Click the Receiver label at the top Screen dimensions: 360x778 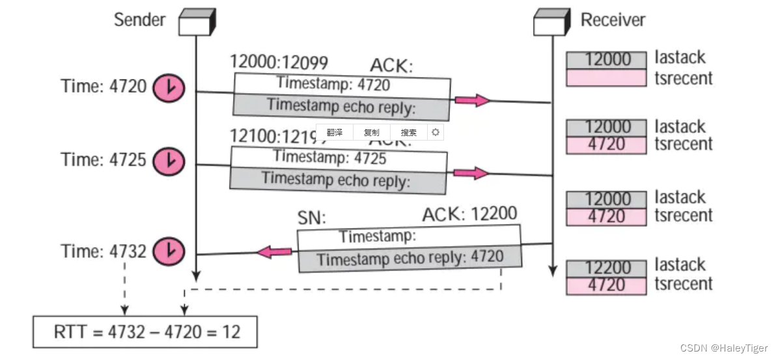(613, 20)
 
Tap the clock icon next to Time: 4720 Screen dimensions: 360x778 (169, 87)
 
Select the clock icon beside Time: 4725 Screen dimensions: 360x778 (169, 160)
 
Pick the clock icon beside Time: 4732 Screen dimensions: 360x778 (169, 251)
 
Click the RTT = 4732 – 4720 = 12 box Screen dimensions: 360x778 (145, 332)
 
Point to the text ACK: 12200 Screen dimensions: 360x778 (469, 214)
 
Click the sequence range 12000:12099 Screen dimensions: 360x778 (279, 62)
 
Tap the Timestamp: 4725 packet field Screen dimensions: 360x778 (330, 158)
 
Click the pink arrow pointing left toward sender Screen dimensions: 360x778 (273, 251)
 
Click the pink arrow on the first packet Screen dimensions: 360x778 (471, 100)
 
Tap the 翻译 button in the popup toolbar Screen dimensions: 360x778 (335, 132)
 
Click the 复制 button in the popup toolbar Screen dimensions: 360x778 (372, 132)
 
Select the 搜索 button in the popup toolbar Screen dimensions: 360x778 (409, 132)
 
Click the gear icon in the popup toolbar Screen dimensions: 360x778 (436, 132)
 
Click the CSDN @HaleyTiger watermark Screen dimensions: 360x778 (724, 348)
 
